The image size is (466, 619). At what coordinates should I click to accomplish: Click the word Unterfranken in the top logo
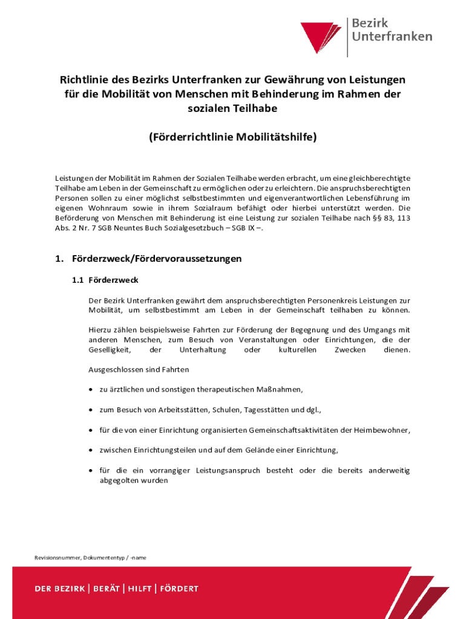tap(392, 36)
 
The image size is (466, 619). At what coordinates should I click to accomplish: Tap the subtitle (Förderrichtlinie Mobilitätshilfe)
tap(233, 137)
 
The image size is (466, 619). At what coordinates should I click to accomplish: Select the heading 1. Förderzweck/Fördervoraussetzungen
tap(148, 259)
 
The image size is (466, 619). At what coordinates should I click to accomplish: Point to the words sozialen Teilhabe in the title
tap(233, 108)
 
